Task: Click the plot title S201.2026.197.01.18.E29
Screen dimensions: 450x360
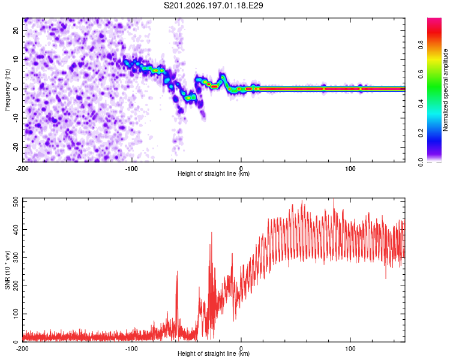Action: pos(213,5)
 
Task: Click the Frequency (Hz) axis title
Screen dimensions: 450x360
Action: pos(7,90)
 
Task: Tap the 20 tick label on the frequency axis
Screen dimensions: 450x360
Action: pos(16,31)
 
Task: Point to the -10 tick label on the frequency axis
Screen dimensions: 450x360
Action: pos(16,118)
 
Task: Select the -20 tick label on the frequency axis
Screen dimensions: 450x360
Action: pos(16,147)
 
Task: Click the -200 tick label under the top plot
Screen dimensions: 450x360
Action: pos(22,169)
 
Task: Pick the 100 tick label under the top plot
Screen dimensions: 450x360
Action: pos(350,169)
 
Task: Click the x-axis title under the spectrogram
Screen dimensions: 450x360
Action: pos(214,173)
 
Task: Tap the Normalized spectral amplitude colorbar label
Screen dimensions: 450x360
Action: pos(445,90)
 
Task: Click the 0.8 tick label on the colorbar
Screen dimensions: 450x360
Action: pos(421,45)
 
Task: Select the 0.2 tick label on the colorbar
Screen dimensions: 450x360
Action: pos(421,133)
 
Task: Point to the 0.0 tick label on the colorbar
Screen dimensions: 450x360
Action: pos(421,163)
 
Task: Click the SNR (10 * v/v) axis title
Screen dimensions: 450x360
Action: pos(7,270)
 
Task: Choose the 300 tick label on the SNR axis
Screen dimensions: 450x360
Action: pos(16,258)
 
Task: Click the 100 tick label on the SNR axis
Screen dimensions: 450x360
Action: pos(16,314)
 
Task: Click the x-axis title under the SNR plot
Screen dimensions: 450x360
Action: pos(214,353)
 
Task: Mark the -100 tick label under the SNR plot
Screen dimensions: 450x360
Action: pos(131,349)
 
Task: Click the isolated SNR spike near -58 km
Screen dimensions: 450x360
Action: pos(177,301)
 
